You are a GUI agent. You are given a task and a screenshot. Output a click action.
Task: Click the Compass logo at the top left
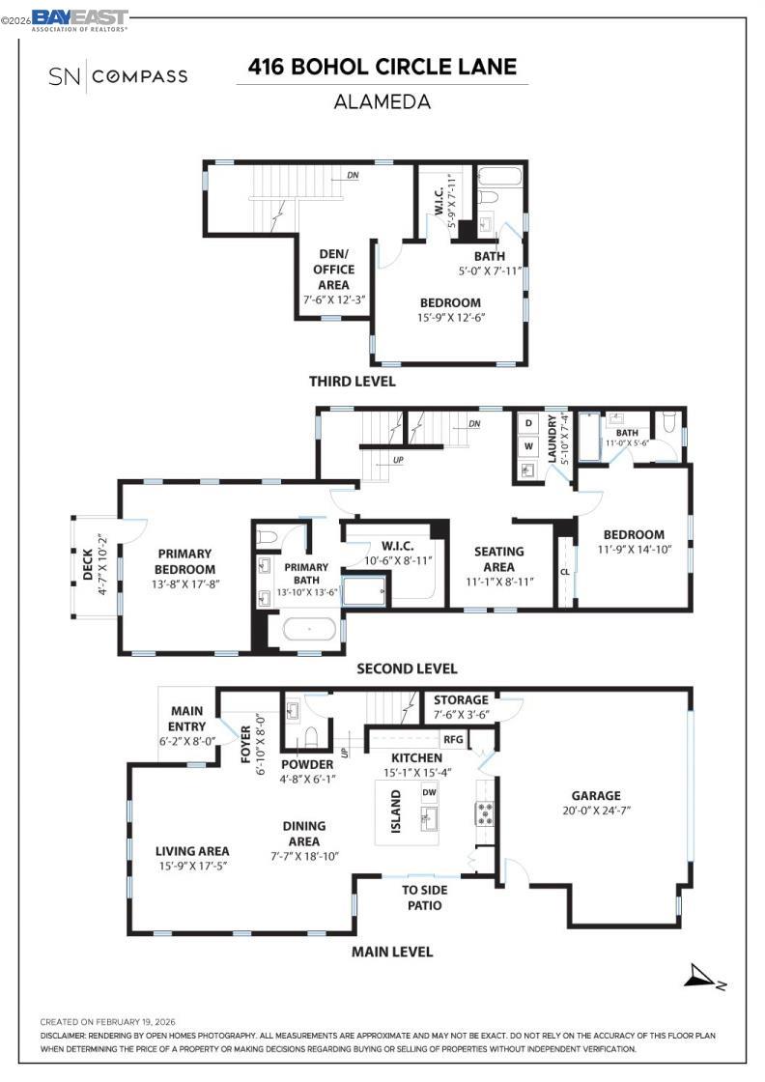(117, 75)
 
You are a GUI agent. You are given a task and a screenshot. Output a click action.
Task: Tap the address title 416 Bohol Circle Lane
(382, 67)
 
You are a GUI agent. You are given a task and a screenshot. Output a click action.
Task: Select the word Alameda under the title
(382, 101)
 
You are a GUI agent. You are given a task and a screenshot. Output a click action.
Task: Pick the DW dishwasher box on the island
(429, 793)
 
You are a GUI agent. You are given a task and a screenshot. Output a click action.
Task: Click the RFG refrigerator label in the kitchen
(453, 740)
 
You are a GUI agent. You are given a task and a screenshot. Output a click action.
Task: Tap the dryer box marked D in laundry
(528, 423)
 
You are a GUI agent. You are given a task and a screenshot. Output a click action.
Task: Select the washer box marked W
(528, 446)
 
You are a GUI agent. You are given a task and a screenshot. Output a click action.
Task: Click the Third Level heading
(352, 381)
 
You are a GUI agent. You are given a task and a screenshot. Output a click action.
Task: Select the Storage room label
(461, 700)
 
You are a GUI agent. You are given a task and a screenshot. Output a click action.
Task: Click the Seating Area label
(498, 559)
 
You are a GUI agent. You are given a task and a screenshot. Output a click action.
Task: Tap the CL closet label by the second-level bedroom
(565, 571)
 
